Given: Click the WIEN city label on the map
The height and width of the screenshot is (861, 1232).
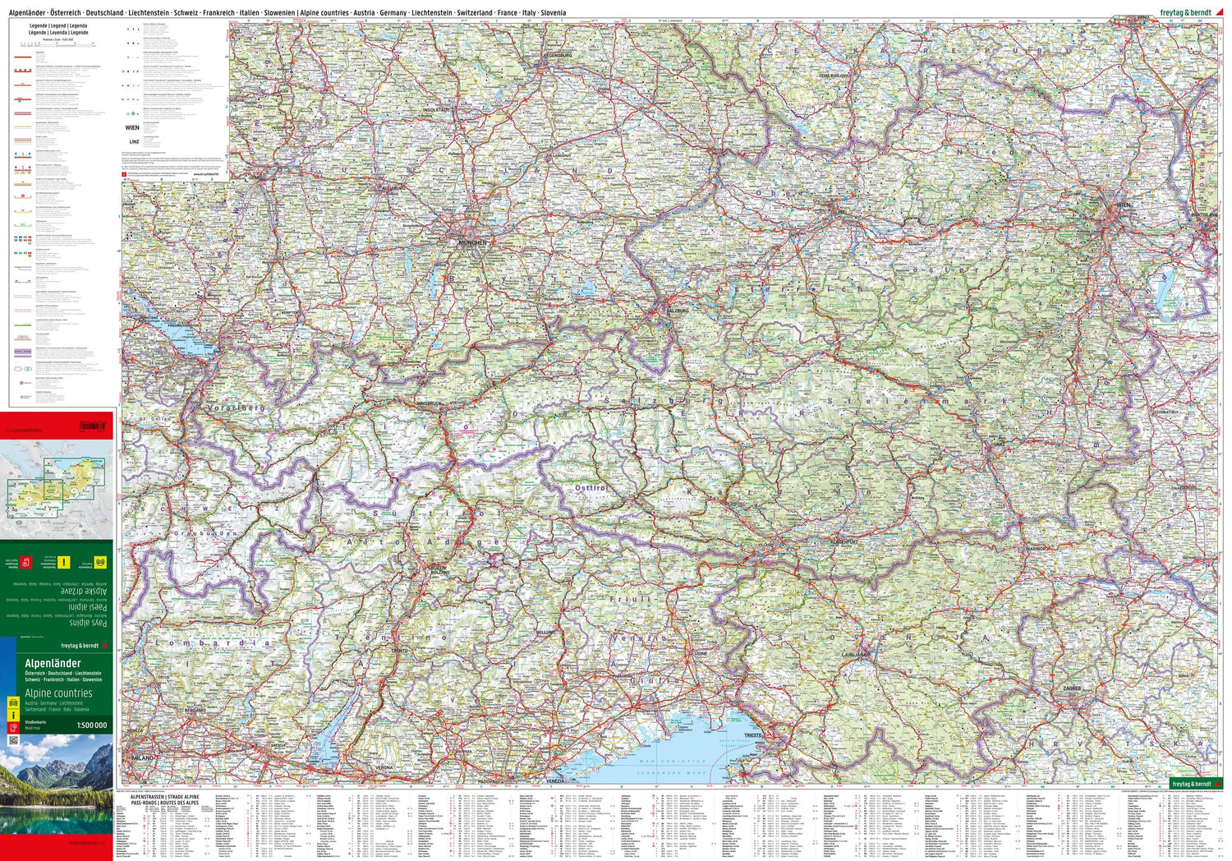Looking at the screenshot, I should pyautogui.click(x=1124, y=203).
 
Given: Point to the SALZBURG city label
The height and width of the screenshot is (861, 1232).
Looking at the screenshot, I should pyautogui.click(x=677, y=311).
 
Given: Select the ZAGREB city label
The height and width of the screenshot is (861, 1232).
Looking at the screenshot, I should pyautogui.click(x=1071, y=688).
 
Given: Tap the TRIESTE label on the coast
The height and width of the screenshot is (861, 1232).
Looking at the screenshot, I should pyautogui.click(x=753, y=734).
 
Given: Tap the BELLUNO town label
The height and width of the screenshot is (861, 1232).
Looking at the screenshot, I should pyautogui.click(x=545, y=633).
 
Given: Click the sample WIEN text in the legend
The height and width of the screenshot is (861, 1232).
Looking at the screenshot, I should pyautogui.click(x=132, y=128).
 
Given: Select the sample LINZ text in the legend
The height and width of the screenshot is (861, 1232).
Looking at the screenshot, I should pyautogui.click(x=134, y=141).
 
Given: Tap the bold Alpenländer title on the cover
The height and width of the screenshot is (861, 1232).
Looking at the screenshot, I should pyautogui.click(x=53, y=663).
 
